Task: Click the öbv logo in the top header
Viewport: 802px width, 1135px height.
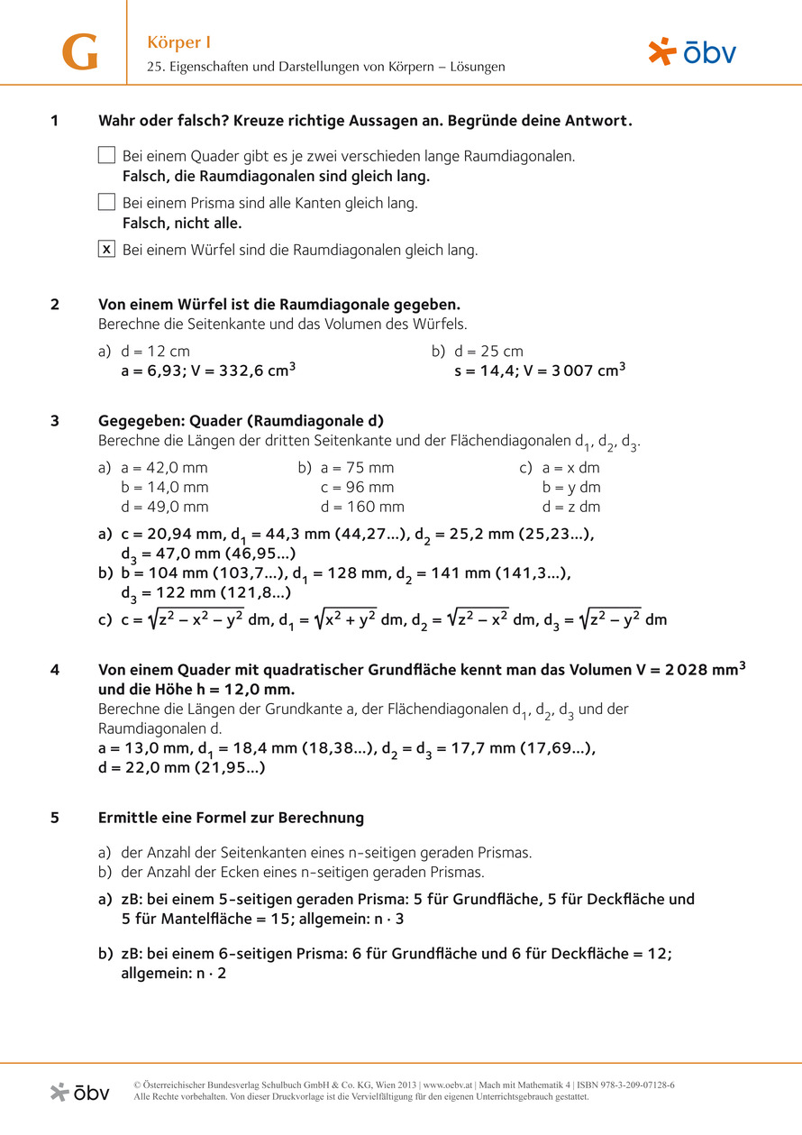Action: pyautogui.click(x=692, y=52)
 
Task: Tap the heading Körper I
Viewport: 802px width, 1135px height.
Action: pyautogui.click(x=179, y=42)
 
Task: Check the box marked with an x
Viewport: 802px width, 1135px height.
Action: pyautogui.click(x=106, y=250)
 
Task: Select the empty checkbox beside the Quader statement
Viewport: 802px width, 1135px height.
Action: pyautogui.click(x=106, y=155)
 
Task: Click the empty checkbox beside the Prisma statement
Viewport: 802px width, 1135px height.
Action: pyautogui.click(x=106, y=202)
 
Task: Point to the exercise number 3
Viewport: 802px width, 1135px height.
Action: pyautogui.click(x=55, y=420)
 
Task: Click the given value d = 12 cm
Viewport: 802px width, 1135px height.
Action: pyautogui.click(x=156, y=351)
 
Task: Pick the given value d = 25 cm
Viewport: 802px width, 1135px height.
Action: pyautogui.click(x=488, y=351)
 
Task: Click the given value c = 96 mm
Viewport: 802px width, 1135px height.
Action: pyautogui.click(x=357, y=488)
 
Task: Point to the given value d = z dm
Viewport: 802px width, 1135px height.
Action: pyautogui.click(x=571, y=508)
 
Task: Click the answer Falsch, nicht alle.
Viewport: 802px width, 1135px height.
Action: pyautogui.click(x=182, y=223)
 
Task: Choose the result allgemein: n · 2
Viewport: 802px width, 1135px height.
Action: pyautogui.click(x=173, y=974)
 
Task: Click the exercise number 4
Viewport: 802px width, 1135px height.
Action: pyautogui.click(x=55, y=670)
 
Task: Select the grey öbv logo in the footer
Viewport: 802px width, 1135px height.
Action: pyautogui.click(x=80, y=1092)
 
